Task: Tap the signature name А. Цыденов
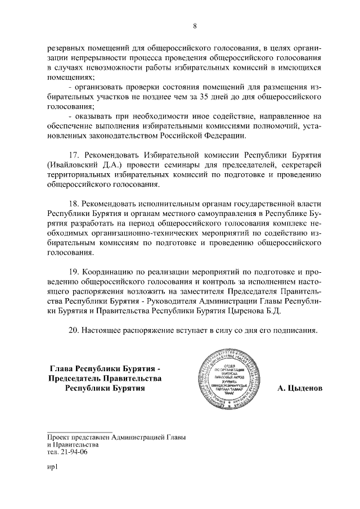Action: pos(300,389)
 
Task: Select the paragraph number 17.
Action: pos(74,155)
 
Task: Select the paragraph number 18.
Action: pos(74,204)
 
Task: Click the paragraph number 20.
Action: pos(74,330)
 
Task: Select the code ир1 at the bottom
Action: pos(52,466)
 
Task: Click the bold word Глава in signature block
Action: pos(63,368)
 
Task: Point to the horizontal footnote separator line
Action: pos(80,431)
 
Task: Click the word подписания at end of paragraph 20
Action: pos(294,330)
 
